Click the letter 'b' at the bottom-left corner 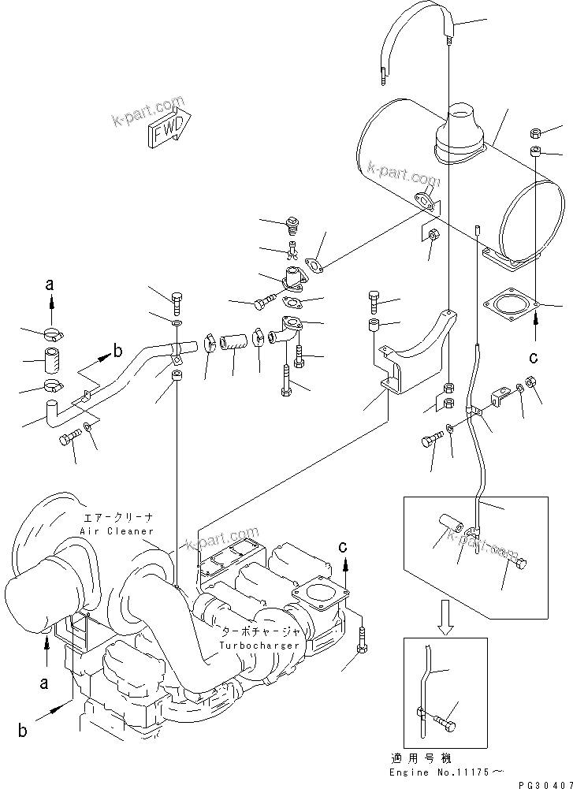tap(23, 730)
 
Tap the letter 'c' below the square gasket tap(534, 356)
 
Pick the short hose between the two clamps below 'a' tap(53, 364)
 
